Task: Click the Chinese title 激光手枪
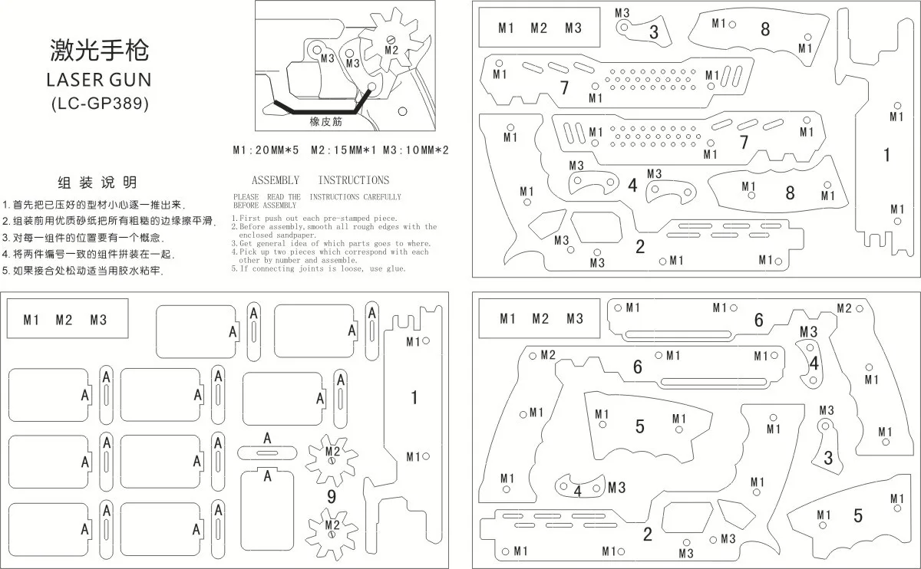[99, 50]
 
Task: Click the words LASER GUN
[99, 80]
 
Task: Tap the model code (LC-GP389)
[100, 104]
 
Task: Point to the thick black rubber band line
[323, 111]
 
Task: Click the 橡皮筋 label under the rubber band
[325, 121]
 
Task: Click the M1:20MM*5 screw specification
[266, 150]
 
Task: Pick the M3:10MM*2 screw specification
[416, 150]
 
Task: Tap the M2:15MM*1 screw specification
[344, 150]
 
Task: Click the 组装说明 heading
[97, 183]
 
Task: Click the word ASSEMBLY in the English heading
[276, 180]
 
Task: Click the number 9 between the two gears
[332, 497]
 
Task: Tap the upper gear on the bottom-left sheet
[332, 460]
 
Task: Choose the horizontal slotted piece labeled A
[267, 452]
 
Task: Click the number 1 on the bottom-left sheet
[414, 398]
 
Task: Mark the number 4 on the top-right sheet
[632, 186]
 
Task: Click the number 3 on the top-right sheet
[654, 32]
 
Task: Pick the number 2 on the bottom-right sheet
[648, 534]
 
